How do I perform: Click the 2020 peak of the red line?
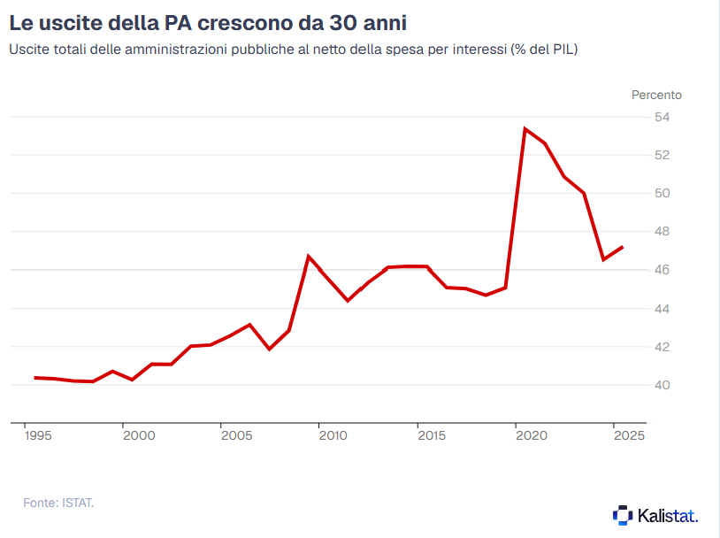click(x=525, y=129)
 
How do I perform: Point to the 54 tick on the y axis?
click(x=662, y=117)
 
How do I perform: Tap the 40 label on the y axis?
click(x=662, y=385)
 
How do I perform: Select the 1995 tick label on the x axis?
click(x=36, y=435)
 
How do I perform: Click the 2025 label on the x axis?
click(x=628, y=435)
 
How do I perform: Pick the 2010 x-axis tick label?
click(x=332, y=435)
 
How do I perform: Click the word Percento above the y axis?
click(x=656, y=95)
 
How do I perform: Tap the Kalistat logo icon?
click(x=623, y=514)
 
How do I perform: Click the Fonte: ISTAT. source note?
click(x=58, y=503)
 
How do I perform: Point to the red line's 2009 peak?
click(x=309, y=257)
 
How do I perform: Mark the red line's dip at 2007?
click(x=270, y=349)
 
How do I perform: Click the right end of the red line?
click(x=623, y=247)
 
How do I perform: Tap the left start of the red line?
click(x=35, y=378)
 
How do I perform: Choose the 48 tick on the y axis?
click(x=662, y=232)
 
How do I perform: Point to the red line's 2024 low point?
click(x=603, y=259)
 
